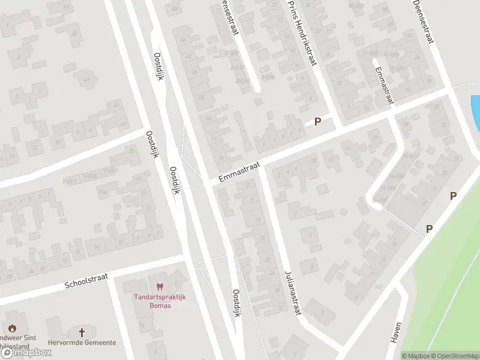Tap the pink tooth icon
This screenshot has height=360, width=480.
[x=159, y=287]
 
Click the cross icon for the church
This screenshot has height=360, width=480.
[x=82, y=332]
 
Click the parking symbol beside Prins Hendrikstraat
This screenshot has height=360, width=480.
[x=318, y=121]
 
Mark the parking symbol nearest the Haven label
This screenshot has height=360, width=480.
[x=429, y=229]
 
